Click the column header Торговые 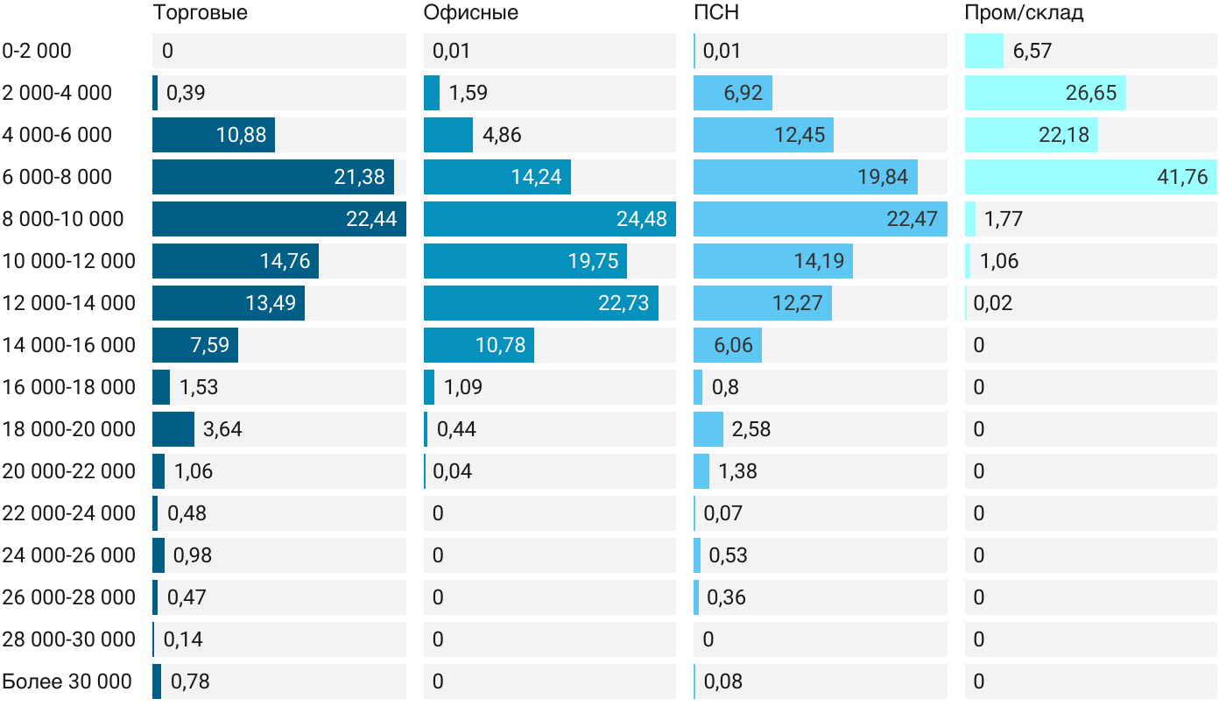pyautogui.click(x=200, y=13)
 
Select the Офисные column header pyautogui.click(x=470, y=13)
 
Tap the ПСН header pyautogui.click(x=715, y=13)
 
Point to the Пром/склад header pyautogui.click(x=1024, y=13)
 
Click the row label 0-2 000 pyautogui.click(x=37, y=51)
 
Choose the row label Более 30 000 pyautogui.click(x=67, y=681)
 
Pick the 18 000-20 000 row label pyautogui.click(x=69, y=429)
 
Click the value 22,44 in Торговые pyautogui.click(x=371, y=219)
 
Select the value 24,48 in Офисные pyautogui.click(x=642, y=219)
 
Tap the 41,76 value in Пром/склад pyautogui.click(x=1182, y=177)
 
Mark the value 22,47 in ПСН pyautogui.click(x=912, y=219)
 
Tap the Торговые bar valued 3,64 pyautogui.click(x=173, y=429)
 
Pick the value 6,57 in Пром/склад pyautogui.click(x=1032, y=51)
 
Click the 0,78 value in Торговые pyautogui.click(x=190, y=681)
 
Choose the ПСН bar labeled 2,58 pyautogui.click(x=708, y=429)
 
